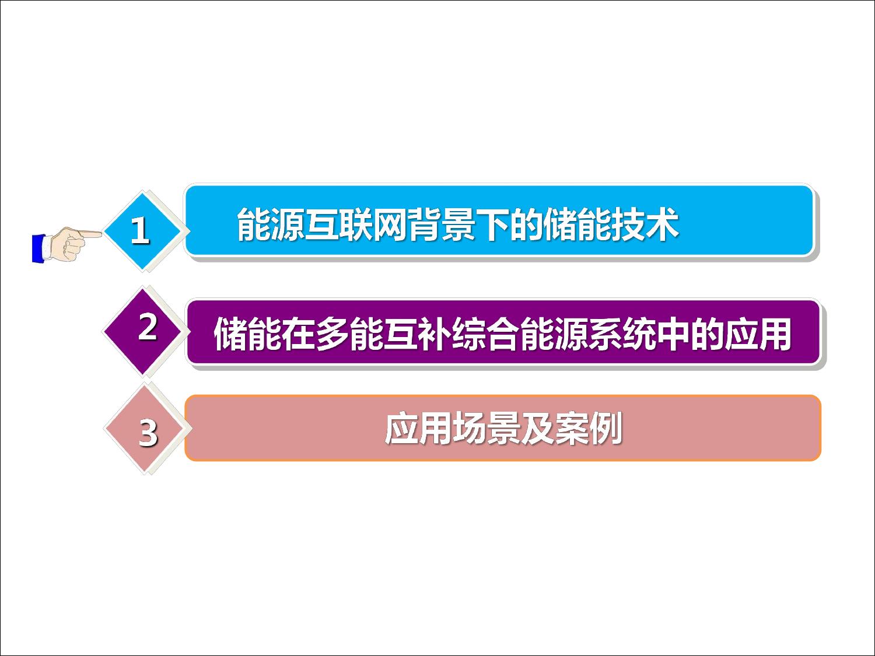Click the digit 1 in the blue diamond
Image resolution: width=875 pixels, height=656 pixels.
(140, 230)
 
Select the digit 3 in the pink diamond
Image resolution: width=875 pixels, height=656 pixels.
(148, 433)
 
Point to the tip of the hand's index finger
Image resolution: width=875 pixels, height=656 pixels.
(101, 234)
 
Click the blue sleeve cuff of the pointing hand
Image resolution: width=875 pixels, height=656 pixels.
(38, 248)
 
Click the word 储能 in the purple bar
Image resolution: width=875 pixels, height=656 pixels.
(247, 334)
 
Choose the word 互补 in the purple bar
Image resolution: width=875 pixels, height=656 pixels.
(417, 334)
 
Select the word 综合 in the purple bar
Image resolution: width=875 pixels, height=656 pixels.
(485, 334)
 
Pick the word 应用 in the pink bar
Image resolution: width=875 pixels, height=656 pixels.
(418, 429)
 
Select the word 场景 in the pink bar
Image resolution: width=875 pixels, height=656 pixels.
(487, 429)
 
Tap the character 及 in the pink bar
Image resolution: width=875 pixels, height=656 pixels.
(537, 429)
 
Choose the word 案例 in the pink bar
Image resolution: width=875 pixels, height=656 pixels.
(589, 429)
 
